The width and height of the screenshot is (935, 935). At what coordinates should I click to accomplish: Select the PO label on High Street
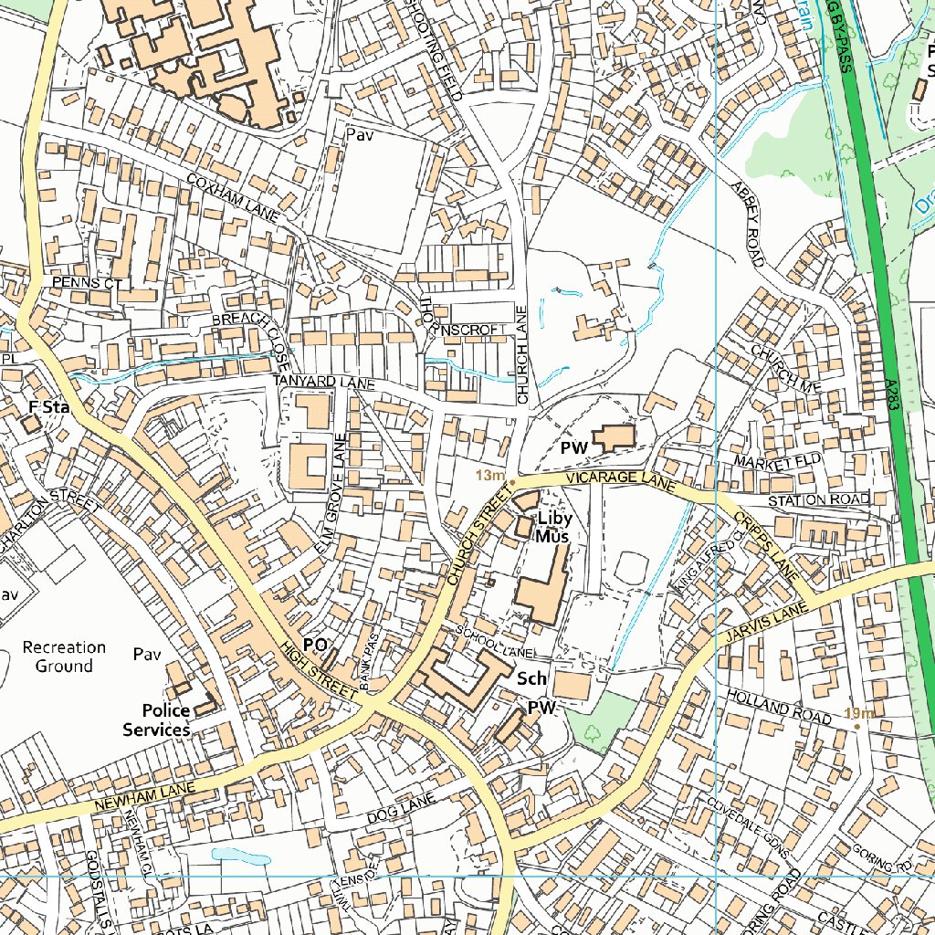coord(315,646)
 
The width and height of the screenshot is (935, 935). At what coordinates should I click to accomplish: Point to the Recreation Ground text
coord(64,657)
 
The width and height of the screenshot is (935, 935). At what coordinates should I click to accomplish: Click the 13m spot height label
coord(491,476)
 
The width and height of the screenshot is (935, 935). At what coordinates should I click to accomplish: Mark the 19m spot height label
coord(859,714)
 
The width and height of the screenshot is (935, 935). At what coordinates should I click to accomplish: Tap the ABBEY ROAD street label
coord(747,224)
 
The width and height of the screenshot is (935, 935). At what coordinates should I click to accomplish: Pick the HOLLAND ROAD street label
coord(778,708)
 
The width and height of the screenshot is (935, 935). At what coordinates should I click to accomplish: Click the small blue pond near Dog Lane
coord(240,856)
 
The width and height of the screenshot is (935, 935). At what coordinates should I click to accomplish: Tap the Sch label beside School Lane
coord(531,679)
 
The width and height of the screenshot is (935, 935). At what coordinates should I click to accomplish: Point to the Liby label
coord(554,519)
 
